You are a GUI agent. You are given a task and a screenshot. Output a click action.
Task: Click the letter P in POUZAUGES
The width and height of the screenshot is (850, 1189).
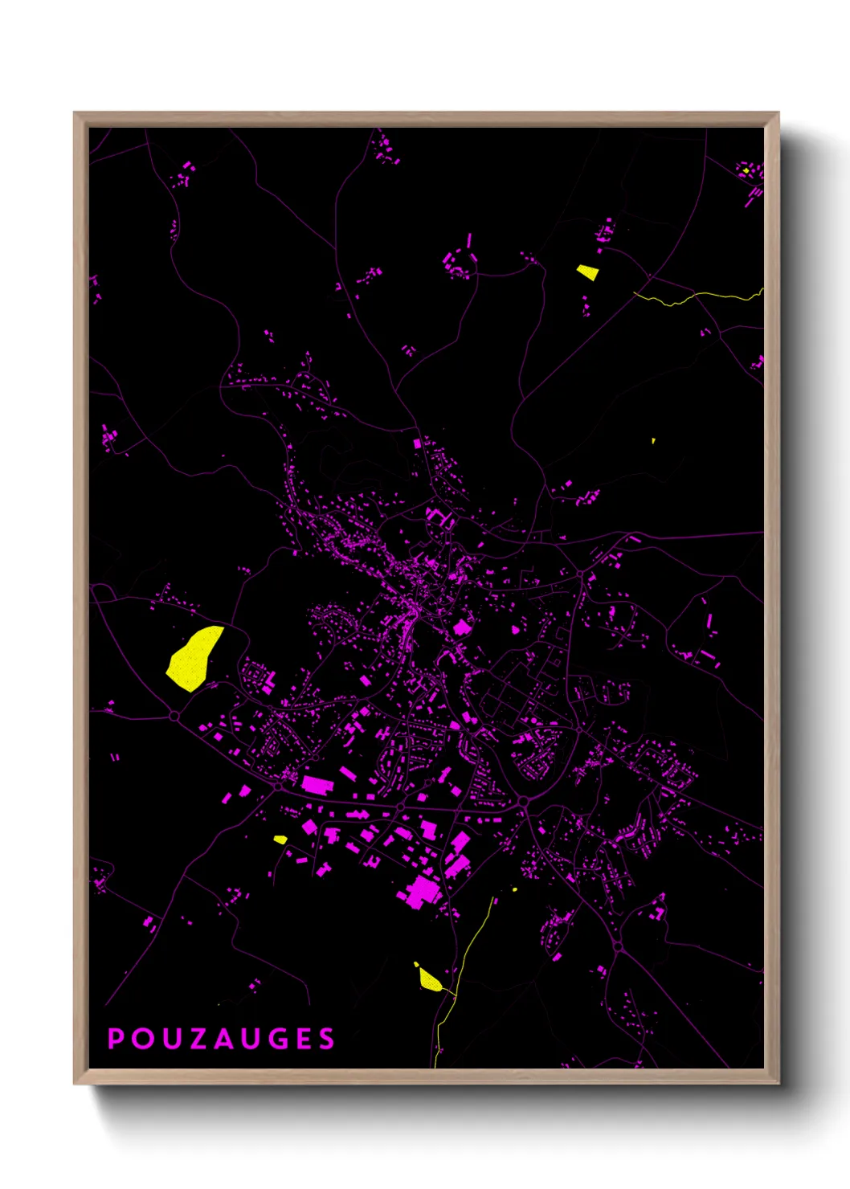coord(116,1039)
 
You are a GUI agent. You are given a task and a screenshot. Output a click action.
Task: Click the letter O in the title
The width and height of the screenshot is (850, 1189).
coord(141,1039)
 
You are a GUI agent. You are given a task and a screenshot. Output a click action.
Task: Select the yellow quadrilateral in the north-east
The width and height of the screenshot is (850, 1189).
coord(587,272)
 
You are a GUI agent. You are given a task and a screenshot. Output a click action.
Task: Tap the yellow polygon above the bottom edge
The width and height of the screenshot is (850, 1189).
coord(429,979)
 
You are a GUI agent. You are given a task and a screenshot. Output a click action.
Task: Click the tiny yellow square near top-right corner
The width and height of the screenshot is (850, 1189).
coord(746,170)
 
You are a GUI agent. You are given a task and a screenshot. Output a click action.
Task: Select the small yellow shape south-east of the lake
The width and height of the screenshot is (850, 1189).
coord(280,840)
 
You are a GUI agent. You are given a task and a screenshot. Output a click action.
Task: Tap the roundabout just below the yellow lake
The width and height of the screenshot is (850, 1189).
coord(174,715)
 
